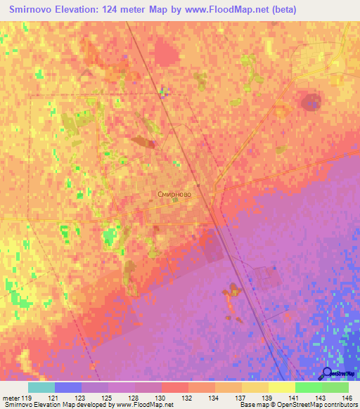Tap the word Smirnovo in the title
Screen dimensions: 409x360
click(34, 10)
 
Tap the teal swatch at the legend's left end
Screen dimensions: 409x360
click(41, 387)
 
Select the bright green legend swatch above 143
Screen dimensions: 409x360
click(308, 387)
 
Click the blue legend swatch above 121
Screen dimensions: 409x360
click(68, 387)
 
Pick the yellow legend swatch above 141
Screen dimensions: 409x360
click(281, 387)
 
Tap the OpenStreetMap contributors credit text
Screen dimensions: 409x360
click(316, 405)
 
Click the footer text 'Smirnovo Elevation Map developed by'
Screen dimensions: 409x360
click(58, 405)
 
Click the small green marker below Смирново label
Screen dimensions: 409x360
click(175, 200)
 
